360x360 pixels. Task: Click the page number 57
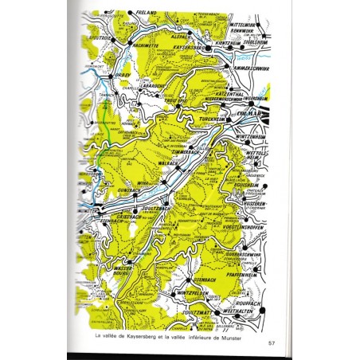pos(271,342)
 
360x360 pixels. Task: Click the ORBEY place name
pos(121,76)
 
